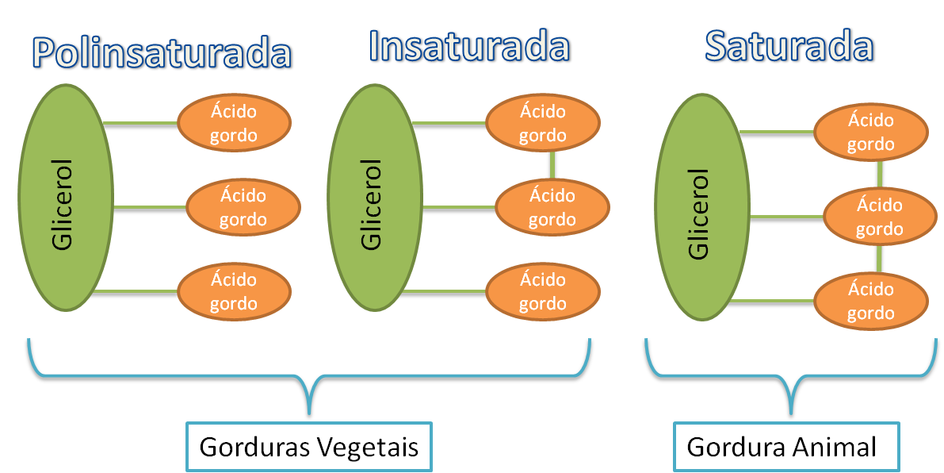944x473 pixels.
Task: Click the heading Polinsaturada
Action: (x=163, y=53)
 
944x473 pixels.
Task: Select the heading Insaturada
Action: (x=469, y=48)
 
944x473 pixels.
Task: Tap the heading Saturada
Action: (x=789, y=48)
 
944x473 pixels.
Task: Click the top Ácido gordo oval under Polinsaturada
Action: (x=234, y=124)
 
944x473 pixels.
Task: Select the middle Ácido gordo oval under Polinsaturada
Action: (x=243, y=207)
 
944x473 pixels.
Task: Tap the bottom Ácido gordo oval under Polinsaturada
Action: (x=234, y=291)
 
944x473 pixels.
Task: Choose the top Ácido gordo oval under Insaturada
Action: (x=543, y=123)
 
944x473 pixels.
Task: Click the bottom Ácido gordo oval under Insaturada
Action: (x=543, y=291)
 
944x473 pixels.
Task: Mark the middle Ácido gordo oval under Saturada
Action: (x=880, y=217)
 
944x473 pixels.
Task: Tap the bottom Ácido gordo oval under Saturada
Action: (x=871, y=301)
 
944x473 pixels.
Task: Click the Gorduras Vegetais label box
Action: (x=308, y=448)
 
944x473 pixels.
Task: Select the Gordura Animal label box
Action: (x=786, y=448)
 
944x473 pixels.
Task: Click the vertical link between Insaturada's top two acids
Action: (x=552, y=164)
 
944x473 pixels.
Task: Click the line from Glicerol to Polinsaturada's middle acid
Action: (x=151, y=210)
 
